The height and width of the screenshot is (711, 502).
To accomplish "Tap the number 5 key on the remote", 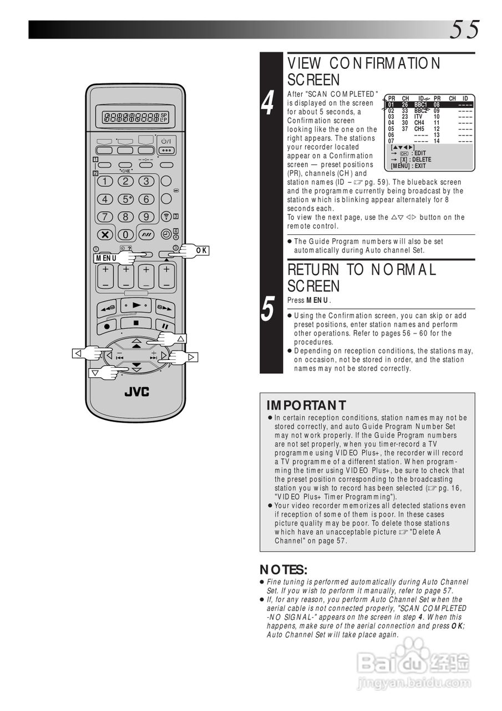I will point(126,199).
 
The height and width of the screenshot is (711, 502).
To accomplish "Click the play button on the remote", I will point(135,305).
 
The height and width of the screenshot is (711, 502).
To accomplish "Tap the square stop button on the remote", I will point(135,323).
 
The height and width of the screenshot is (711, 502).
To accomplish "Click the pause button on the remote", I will point(165,326).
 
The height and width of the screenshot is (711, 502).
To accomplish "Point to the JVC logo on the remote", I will point(136,392).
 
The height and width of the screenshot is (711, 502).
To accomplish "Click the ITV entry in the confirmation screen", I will point(419,117).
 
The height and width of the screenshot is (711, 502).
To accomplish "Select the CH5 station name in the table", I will point(419,129).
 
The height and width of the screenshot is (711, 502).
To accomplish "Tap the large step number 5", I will point(268,308).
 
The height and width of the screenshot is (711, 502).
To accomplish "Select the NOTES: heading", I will point(283,570).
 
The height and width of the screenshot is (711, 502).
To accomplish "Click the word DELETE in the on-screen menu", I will point(422,159).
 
